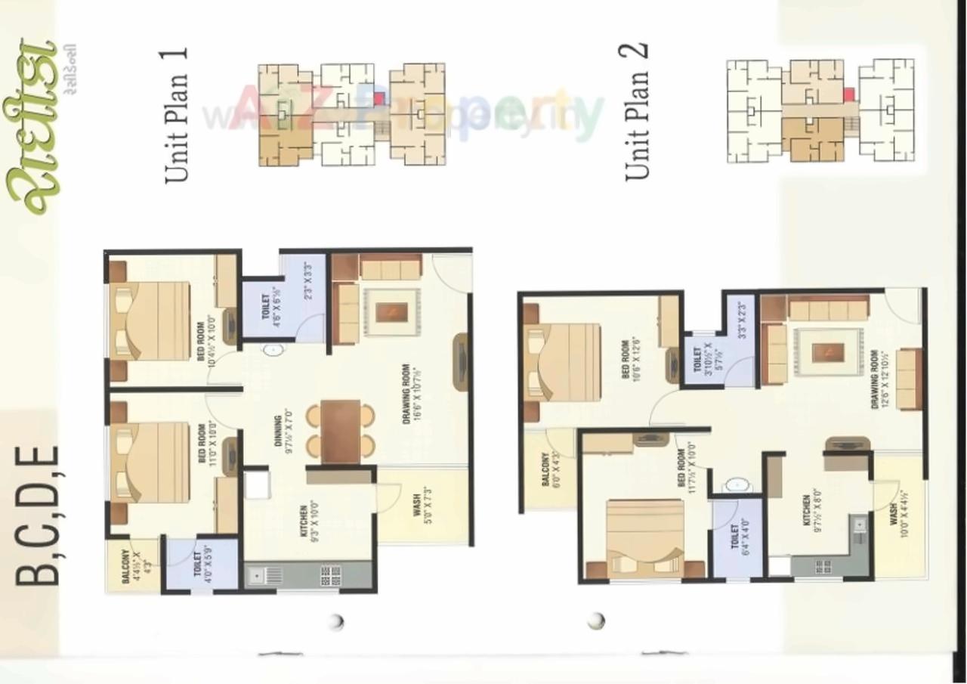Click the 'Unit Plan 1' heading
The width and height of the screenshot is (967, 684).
pyautogui.click(x=175, y=115)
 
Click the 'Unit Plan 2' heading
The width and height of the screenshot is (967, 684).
pyautogui.click(x=636, y=112)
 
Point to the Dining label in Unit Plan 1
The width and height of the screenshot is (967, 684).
pyautogui.click(x=283, y=435)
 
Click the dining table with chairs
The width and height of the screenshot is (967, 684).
pyautogui.click(x=340, y=430)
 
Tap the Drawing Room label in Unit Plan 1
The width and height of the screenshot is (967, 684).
pyautogui.click(x=411, y=394)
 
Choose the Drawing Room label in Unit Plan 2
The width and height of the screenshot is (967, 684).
pyautogui.click(x=879, y=379)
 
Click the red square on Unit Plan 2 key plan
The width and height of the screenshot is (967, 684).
pyautogui.click(x=848, y=94)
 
